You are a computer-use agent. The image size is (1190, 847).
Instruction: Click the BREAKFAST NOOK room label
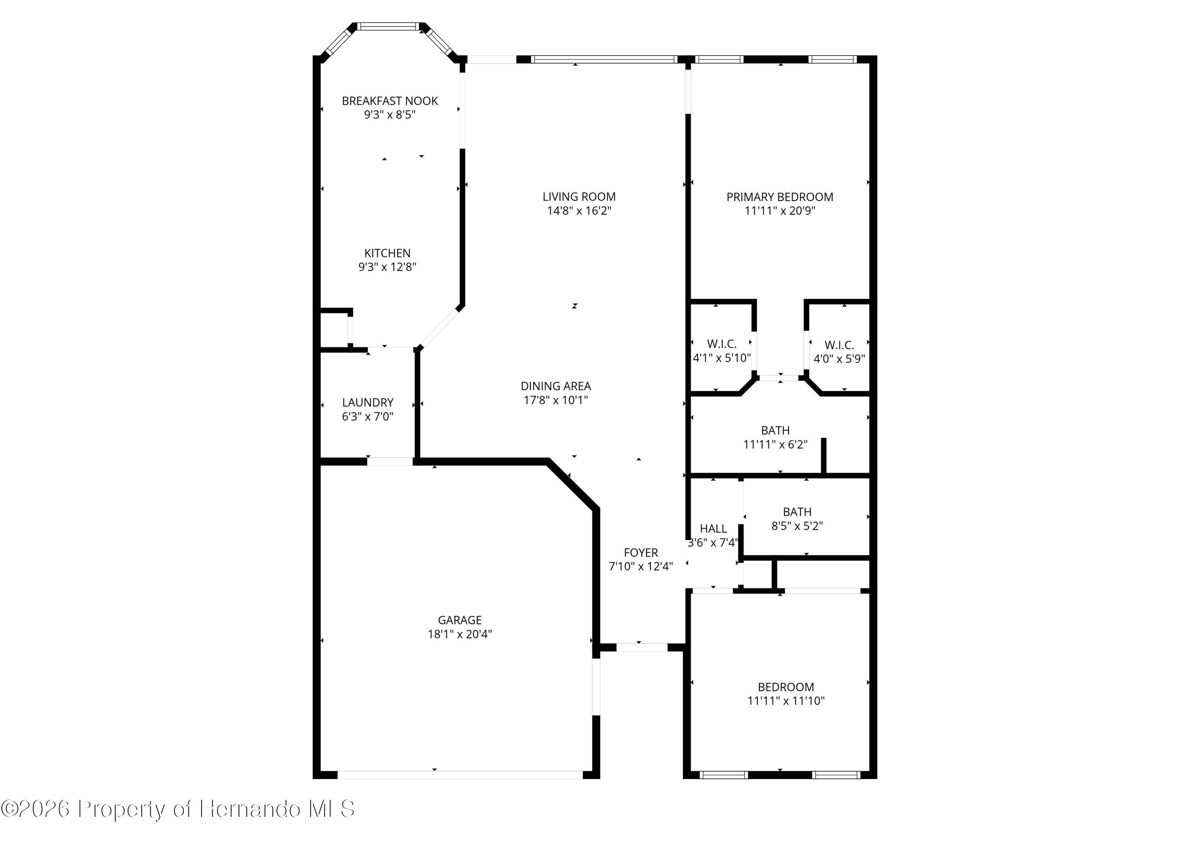(389, 101)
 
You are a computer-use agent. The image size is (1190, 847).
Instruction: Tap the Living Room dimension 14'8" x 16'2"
(579, 211)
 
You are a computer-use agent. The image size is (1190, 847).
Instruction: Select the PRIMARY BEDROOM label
(779, 197)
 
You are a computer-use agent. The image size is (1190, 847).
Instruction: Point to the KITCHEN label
(387, 253)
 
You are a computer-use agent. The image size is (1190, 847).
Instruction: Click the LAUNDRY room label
(367, 402)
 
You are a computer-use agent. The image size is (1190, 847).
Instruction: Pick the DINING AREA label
(556, 386)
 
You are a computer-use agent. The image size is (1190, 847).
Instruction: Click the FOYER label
(641, 552)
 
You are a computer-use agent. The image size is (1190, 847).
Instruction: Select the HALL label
(713, 528)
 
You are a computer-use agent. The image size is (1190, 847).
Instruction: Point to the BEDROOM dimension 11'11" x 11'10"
(786, 700)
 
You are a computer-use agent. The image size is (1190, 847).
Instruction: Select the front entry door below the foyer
(642, 647)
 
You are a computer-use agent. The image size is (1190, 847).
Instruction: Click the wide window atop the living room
(604, 59)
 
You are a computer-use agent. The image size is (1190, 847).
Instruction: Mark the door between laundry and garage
(390, 461)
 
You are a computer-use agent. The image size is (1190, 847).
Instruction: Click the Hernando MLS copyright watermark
(177, 809)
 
